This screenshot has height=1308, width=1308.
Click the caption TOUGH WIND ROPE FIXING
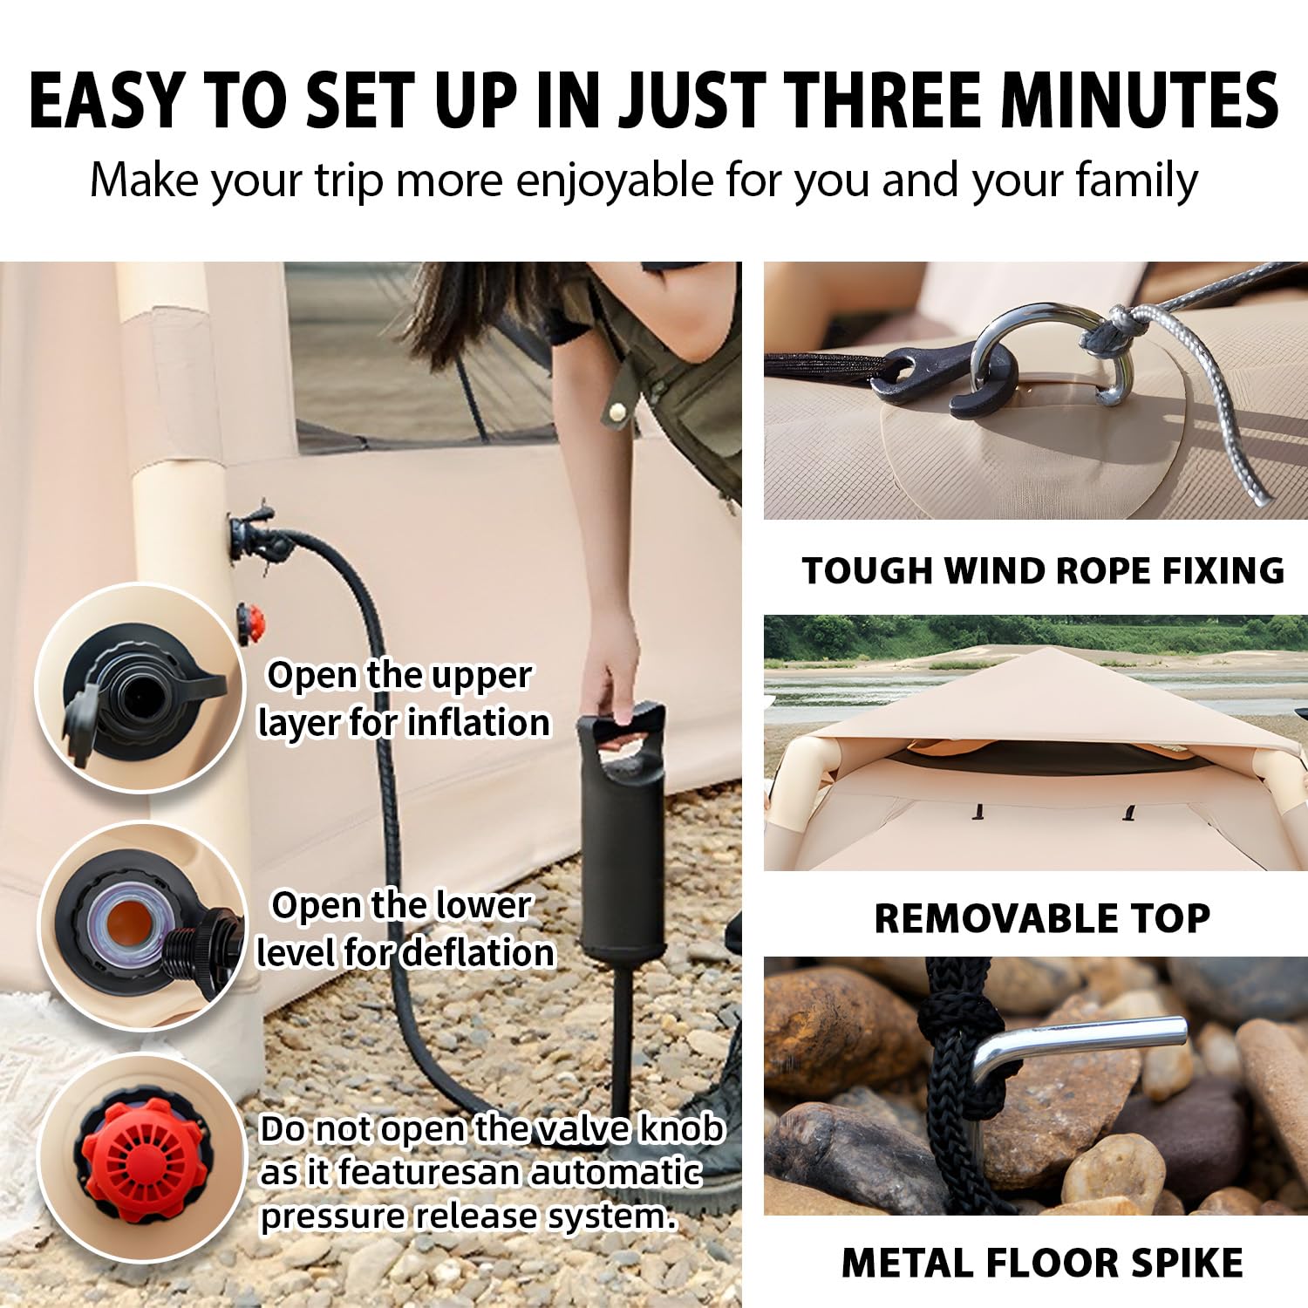pyautogui.click(x=1042, y=570)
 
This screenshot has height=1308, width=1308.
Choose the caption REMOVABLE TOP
pyautogui.click(x=1042, y=917)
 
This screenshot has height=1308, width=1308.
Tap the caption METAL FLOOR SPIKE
pyautogui.click(x=1042, y=1263)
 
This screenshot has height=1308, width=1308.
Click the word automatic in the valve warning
pyautogui.click(x=615, y=1172)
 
